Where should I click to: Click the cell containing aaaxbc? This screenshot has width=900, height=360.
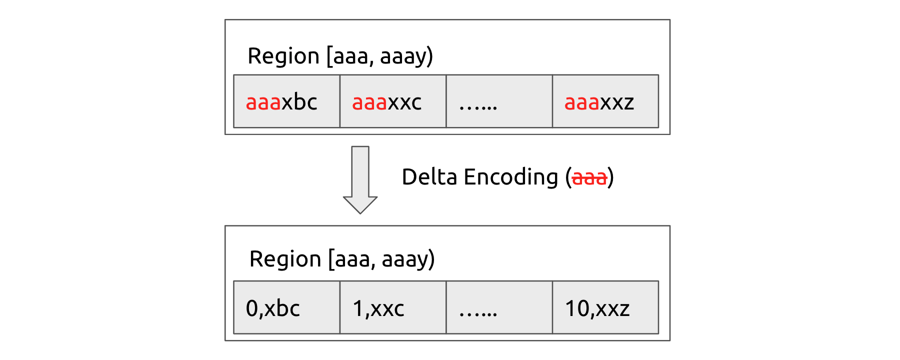click(286, 101)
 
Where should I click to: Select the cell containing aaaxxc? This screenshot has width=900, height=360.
click(392, 101)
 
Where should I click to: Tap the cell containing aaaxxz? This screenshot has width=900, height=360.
click(605, 101)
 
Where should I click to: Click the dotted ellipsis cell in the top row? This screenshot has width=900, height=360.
click(499, 101)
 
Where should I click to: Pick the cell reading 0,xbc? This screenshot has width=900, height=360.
click(286, 307)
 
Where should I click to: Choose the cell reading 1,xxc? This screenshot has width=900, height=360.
click(392, 307)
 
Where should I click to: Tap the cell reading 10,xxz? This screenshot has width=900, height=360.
click(605, 307)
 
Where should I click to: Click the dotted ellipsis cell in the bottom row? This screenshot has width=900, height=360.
click(499, 307)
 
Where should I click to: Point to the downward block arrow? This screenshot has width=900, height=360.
click(360, 180)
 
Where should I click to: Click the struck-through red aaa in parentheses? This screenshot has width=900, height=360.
click(589, 177)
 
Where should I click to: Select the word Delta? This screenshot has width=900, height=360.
click(429, 177)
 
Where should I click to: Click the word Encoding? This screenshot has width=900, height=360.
click(510, 178)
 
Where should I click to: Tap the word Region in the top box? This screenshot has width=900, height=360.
click(283, 56)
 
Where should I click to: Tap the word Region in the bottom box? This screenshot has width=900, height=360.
click(285, 259)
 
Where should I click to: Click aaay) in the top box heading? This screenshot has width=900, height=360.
click(406, 56)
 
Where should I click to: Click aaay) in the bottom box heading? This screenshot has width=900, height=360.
click(408, 259)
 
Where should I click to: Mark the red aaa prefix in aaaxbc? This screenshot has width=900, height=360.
click(263, 102)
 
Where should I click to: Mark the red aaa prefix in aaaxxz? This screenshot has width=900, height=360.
click(581, 102)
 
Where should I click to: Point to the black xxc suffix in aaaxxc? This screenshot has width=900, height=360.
click(404, 102)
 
